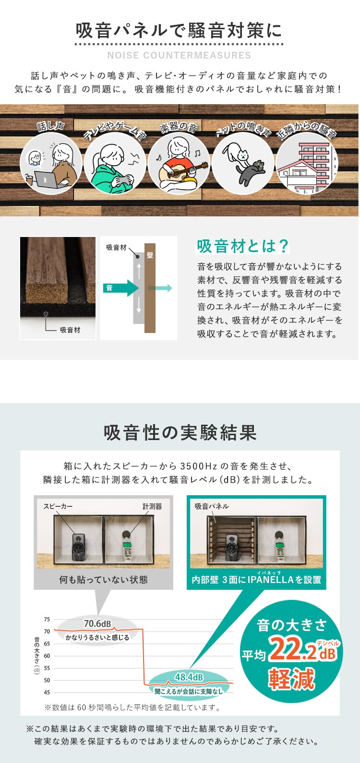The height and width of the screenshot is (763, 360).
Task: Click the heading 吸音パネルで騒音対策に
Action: click(x=180, y=31)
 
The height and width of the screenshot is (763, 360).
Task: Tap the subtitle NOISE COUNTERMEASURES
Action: click(x=180, y=55)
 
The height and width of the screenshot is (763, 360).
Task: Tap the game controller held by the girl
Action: click(x=124, y=179)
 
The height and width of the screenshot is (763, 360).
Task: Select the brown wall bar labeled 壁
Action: click(x=150, y=288)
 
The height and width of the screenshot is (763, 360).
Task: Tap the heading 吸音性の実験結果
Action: click(x=180, y=432)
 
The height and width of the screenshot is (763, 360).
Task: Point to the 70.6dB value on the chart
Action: click(x=97, y=623)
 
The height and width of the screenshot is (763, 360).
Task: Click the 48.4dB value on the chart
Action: click(x=189, y=677)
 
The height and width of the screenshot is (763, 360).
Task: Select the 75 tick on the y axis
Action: click(x=47, y=620)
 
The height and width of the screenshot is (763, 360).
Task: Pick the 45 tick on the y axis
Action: click(x=47, y=692)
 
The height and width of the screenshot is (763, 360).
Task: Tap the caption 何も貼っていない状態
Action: click(x=103, y=579)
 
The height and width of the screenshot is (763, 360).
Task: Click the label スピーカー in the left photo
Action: click(x=58, y=506)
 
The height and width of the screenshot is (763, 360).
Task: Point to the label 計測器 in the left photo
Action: click(x=152, y=506)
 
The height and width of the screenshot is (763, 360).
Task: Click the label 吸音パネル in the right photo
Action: click(x=212, y=506)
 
